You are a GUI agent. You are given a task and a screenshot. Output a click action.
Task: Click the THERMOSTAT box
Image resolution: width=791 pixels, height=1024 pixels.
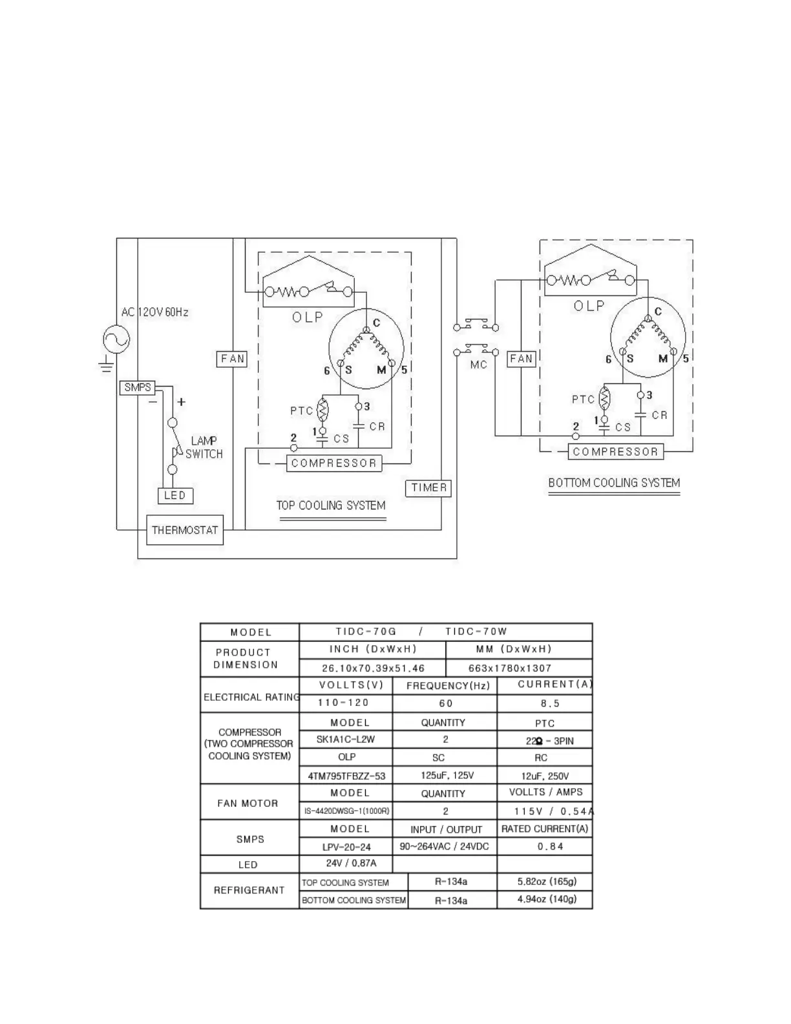coord(185,530)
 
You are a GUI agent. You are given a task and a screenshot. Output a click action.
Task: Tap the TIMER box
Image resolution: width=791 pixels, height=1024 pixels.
coord(428,488)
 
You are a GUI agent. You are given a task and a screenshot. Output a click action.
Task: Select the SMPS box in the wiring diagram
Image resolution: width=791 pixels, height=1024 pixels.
coord(137,388)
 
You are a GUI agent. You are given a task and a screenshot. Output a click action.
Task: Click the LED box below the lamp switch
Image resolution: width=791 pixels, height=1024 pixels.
coord(175,496)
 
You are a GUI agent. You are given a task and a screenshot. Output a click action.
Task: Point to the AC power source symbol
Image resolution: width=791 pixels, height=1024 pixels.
coord(117,339)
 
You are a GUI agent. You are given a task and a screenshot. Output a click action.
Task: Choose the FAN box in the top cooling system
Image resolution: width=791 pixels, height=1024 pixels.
coord(232,359)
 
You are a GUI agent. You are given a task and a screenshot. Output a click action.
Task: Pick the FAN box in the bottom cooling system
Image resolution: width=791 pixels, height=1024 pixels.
coord(522,359)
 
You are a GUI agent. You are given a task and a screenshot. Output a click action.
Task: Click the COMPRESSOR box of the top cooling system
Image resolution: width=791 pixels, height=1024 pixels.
coord(333,464)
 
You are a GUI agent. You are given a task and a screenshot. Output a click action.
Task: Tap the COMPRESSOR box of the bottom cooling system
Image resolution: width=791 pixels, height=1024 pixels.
coord(615,452)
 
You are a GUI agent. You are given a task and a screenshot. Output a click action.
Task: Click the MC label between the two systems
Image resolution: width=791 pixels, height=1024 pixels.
coord(479,365)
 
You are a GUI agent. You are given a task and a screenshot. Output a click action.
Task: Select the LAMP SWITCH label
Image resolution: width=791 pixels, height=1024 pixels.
coord(204,447)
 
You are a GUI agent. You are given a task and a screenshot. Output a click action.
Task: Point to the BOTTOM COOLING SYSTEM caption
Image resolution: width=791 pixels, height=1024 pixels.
coord(614,483)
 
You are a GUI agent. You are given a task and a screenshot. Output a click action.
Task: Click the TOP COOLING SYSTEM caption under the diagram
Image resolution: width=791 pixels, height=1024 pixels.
coord(331,506)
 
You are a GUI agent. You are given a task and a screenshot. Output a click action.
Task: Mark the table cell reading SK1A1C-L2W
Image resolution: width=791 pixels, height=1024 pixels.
coord(346,740)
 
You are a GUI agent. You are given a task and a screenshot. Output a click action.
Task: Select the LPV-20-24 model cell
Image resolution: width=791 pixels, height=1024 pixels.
coord(346,846)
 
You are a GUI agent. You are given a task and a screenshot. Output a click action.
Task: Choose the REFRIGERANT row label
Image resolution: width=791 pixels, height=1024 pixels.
coord(249,890)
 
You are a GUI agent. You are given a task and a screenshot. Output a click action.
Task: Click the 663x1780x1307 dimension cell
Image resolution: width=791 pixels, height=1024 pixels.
coord(519,668)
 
